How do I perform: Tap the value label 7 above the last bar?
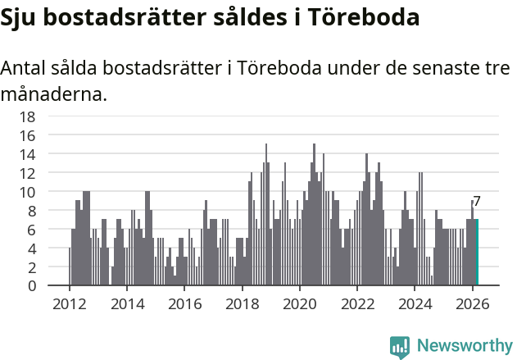477,202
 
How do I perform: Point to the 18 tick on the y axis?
27,116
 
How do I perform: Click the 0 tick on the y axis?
31,286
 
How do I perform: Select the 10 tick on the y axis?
27,192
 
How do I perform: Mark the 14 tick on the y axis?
27,154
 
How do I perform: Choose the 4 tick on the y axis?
31,248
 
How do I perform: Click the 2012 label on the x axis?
69,303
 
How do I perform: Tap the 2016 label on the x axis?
184,303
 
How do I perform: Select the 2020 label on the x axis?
300,303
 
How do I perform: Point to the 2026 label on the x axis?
473,303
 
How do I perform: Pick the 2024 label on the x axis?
415,303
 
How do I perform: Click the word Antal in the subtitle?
25,68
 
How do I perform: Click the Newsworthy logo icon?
400,346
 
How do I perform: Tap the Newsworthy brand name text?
464,346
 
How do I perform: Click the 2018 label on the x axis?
242,303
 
